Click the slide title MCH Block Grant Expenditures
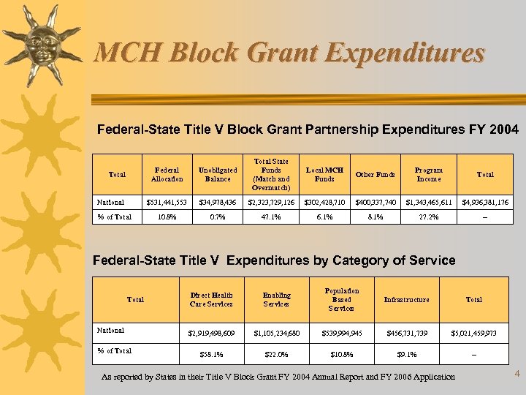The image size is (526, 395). click(x=289, y=53)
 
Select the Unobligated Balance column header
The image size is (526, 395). click(x=218, y=174)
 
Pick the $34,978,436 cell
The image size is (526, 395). click(x=218, y=202)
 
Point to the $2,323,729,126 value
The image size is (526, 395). click(x=270, y=202)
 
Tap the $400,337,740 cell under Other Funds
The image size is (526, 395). click(x=376, y=202)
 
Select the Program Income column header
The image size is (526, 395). click(x=428, y=174)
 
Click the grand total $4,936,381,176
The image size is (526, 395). click(x=485, y=202)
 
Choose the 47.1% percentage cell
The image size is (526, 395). click(x=270, y=217)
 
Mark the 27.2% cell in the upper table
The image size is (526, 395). click(x=428, y=217)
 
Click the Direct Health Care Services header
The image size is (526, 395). click(x=210, y=299)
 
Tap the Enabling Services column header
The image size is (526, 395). click(x=276, y=299)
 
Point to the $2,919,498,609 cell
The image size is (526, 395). click(x=210, y=334)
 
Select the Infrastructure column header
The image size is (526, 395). click(x=407, y=299)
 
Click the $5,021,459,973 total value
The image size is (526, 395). click(x=473, y=334)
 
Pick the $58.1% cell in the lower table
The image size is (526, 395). click(x=210, y=355)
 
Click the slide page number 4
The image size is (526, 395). click(x=517, y=375)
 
